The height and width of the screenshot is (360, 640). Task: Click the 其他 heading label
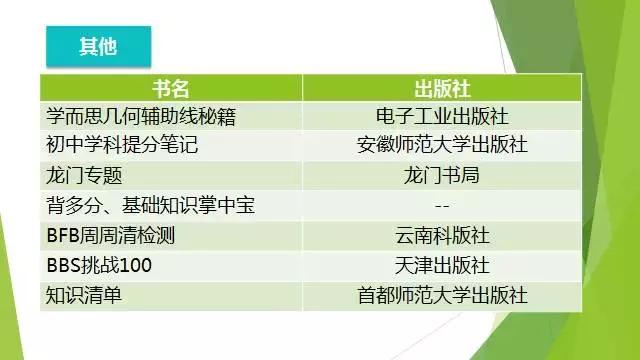coord(99,46)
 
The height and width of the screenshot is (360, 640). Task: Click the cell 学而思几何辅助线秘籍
coord(141,116)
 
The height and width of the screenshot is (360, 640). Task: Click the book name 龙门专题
coord(84,176)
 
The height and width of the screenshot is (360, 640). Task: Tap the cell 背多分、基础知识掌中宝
coord(150,206)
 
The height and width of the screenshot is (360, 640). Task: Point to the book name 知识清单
coord(84,297)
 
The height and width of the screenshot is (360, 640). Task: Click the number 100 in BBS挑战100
coord(135,267)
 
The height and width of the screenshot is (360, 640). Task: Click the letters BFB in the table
coord(62,237)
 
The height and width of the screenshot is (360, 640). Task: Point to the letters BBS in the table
coord(62,267)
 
